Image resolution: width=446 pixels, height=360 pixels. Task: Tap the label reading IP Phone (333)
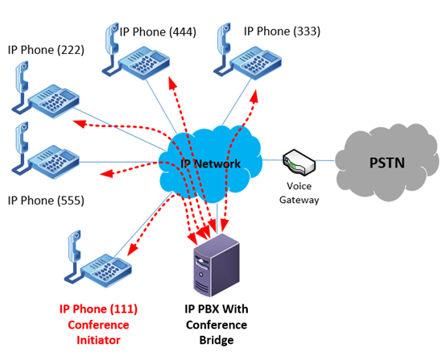[282, 31]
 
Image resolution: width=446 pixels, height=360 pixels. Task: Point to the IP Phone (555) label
[46, 200]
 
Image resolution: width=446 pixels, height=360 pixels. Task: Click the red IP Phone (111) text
[98, 309]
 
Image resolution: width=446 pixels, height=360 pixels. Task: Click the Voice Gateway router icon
[299, 164]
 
